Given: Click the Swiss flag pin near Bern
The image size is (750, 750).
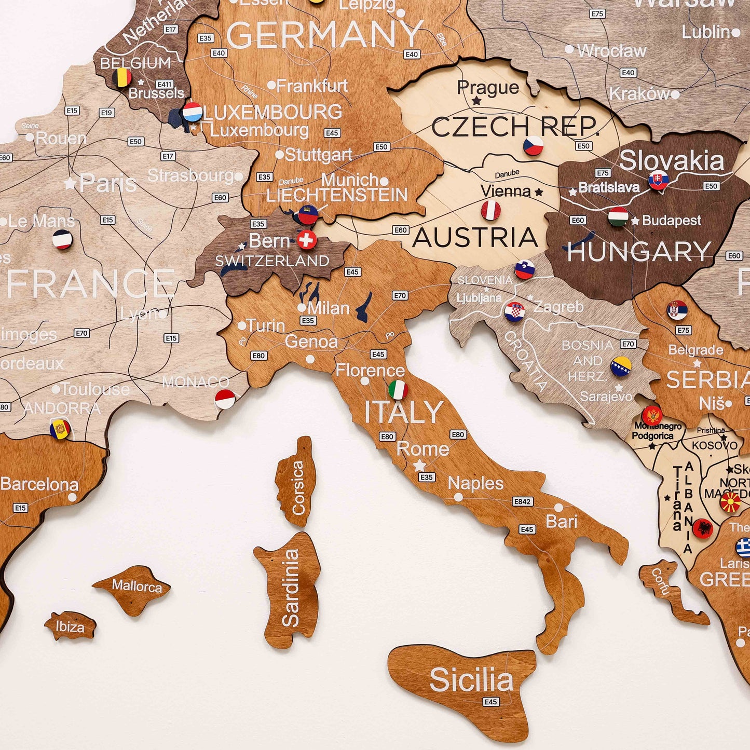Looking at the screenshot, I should click(x=307, y=240).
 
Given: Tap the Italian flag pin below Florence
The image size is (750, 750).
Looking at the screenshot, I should click(x=398, y=390).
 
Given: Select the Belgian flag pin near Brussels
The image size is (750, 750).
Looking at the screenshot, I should click(x=122, y=78).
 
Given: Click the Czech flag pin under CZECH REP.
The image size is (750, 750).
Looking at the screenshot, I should click(x=533, y=146).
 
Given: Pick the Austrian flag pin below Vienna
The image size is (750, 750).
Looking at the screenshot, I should click(x=490, y=211).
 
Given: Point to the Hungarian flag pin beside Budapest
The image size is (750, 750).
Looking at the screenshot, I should click(x=618, y=217).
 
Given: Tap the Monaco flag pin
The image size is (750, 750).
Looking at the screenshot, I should click(x=225, y=399).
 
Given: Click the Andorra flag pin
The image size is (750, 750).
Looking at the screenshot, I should click(x=60, y=429).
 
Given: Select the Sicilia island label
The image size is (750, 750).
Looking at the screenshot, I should click(x=471, y=680).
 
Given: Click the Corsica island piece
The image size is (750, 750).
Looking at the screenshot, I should click(x=297, y=483).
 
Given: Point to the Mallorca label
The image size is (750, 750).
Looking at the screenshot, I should click(x=137, y=587).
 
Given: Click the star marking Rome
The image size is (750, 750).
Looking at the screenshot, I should click(x=419, y=466).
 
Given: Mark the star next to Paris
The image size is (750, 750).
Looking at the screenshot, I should click(x=70, y=183).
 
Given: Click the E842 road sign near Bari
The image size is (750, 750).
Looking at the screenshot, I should click(x=522, y=501).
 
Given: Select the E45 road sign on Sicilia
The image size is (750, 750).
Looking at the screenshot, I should click(x=491, y=702).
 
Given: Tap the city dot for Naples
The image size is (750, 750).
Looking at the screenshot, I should click(x=458, y=497).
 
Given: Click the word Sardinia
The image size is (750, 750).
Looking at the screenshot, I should click(x=291, y=588).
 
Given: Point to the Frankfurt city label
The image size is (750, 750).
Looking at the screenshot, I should click(x=311, y=86).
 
